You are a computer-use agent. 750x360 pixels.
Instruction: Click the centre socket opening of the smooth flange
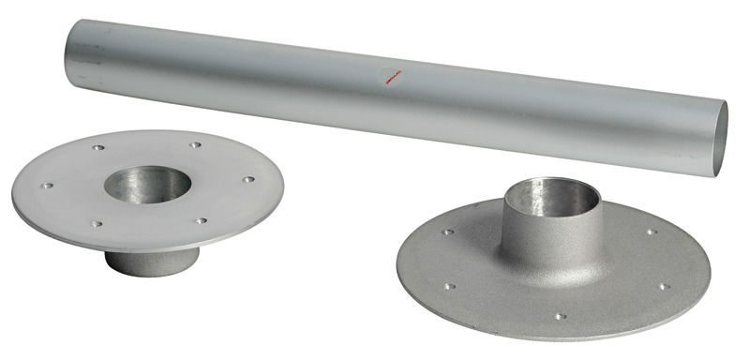147,183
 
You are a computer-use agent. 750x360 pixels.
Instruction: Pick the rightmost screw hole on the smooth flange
248,179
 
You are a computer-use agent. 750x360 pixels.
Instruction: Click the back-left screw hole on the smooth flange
98,148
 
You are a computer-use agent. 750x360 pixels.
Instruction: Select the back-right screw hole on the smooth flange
195,145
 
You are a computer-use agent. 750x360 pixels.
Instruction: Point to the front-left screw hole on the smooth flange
96,224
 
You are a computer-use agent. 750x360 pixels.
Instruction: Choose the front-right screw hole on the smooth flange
201,221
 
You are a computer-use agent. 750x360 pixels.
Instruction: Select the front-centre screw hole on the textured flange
559,316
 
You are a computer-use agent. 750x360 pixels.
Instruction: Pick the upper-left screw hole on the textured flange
447,232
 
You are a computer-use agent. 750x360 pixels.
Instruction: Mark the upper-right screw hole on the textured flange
650,232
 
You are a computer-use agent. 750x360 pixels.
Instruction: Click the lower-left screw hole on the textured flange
449,286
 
